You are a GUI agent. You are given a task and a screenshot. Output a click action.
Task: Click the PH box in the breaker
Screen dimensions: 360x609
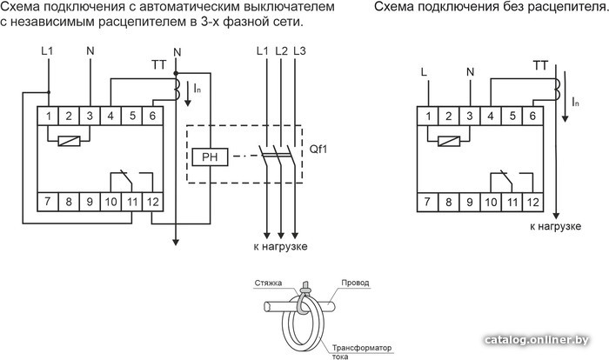[209, 157]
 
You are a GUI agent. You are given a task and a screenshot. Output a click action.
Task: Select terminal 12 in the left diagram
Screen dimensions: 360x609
[152, 203]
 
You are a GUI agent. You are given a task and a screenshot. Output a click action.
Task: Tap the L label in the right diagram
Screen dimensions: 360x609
[424, 70]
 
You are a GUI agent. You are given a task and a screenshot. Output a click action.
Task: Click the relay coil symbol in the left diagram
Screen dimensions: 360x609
[68, 141]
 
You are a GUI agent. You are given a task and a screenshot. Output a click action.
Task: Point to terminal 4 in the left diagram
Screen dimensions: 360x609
[110, 115]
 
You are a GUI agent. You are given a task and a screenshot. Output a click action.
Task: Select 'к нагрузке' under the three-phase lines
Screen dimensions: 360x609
[280, 247]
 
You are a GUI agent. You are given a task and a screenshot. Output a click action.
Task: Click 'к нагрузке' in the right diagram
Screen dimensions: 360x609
[554, 226]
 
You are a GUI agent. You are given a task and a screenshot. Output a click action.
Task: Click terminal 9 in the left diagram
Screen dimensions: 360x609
[90, 203]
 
